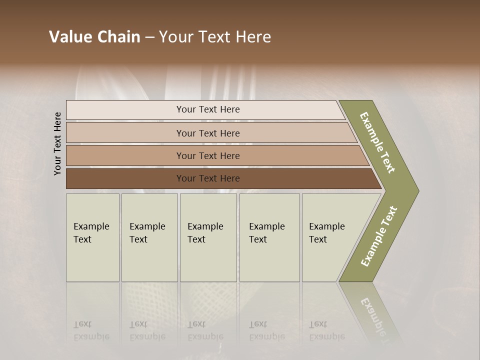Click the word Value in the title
pos(69,37)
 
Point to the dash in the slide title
pos(149,37)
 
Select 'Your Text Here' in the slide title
pos(215,37)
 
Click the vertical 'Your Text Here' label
pos(57,143)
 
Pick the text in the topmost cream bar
pos(208,109)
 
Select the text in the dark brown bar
pos(208,178)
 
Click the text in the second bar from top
pos(208,133)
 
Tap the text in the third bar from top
pos(208,156)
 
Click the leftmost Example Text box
pos(92,237)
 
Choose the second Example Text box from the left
pos(149,237)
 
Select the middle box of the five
pos(208,237)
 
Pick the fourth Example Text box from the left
pos(269,237)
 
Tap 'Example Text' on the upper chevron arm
pos(377,142)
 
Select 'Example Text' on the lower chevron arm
pos(379,236)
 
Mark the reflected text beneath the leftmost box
pos(91,330)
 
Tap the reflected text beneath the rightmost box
pos(327,330)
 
